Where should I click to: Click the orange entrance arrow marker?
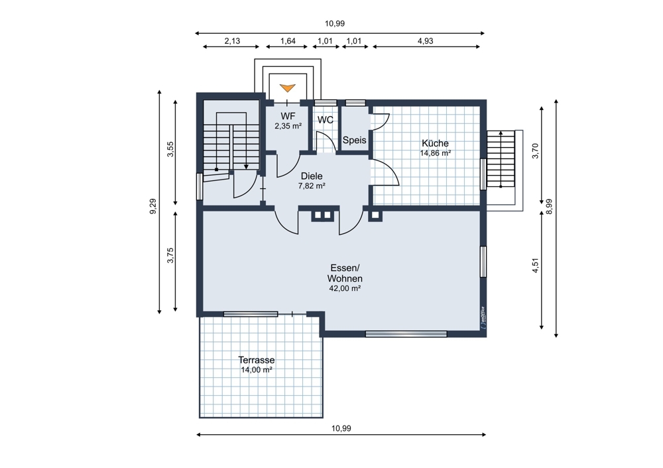tap(288, 88)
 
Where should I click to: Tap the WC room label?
tap(325, 120)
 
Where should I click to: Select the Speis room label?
tap(354, 140)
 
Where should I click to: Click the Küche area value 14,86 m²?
tap(435, 153)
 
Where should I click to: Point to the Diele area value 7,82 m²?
tap(312, 186)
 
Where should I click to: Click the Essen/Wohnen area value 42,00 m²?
tap(345, 288)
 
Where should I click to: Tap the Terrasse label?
tap(256, 360)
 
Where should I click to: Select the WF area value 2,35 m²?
tap(288, 125)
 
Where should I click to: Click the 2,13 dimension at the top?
tap(232, 41)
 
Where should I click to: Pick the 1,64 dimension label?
tap(288, 41)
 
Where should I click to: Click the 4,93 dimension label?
tap(426, 41)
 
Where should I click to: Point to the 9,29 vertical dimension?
tap(153, 206)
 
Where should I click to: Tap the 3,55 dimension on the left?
tap(170, 149)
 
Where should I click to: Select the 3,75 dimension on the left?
tap(170, 255)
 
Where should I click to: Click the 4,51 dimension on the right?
tap(536, 265)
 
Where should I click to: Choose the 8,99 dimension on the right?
tap(549, 207)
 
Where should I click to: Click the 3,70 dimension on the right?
tap(536, 151)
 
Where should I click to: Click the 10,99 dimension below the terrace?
tap(341, 428)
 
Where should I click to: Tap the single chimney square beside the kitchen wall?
tap(375, 215)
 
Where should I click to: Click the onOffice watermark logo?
tap(483, 318)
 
